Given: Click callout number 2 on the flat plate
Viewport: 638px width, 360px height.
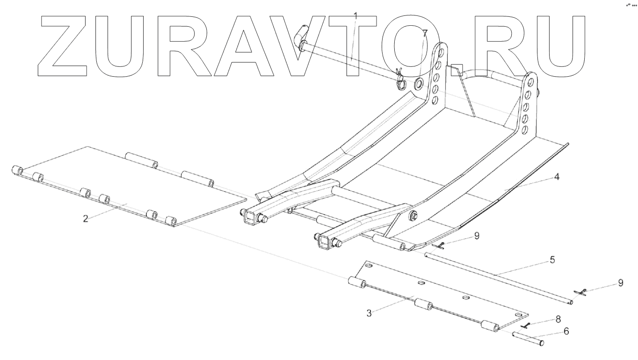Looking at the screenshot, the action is pyautogui.click(x=86, y=218).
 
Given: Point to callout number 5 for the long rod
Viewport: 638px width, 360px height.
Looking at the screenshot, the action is pyautogui.click(x=552, y=260).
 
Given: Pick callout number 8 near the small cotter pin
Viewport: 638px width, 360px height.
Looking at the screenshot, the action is pyautogui.click(x=558, y=319).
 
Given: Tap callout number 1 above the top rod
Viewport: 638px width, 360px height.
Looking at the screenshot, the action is pyautogui.click(x=355, y=15).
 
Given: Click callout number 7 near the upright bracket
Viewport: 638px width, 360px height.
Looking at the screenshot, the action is pyautogui.click(x=424, y=33).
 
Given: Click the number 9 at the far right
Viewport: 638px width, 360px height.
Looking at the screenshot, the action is pyautogui.click(x=621, y=283).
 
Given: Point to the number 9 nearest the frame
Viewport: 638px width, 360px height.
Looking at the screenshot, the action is pyautogui.click(x=477, y=236).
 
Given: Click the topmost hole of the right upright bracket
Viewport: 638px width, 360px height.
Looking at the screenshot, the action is pyautogui.click(x=529, y=85).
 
